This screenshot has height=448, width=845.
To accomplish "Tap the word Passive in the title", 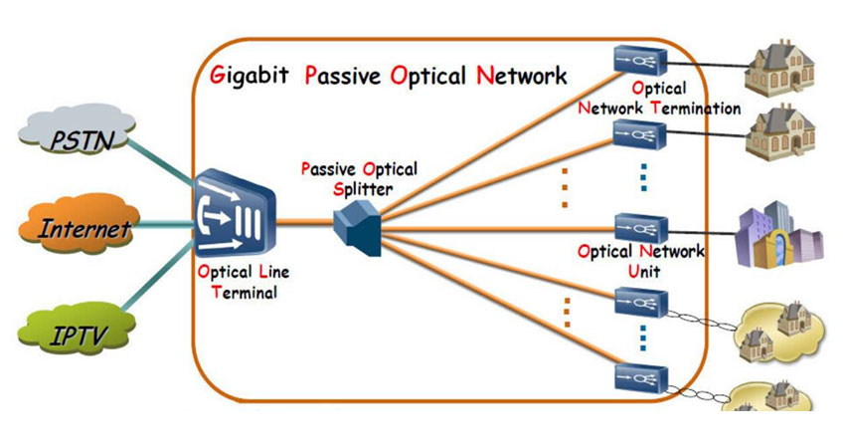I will pyautogui.click(x=343, y=76).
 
